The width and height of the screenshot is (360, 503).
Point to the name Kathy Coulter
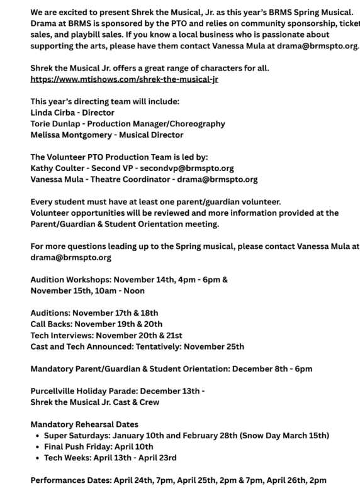59,168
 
